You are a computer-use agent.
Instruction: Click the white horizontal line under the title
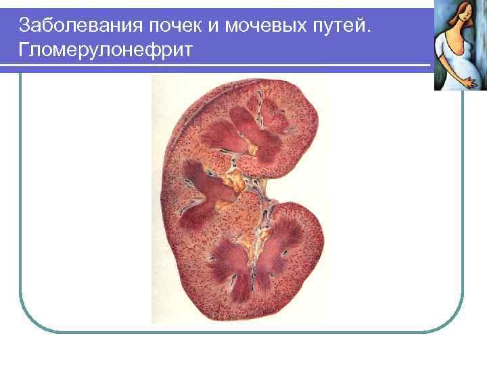[216, 66]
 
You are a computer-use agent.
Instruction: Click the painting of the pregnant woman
[460, 45]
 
